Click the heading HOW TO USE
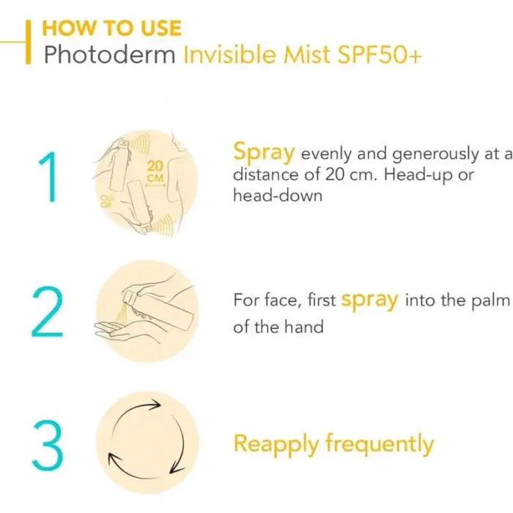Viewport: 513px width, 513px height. [x=111, y=28]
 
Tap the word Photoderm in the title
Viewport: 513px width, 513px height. [x=110, y=54]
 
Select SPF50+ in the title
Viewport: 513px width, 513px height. [x=379, y=54]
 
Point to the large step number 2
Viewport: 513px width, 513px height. [x=47, y=311]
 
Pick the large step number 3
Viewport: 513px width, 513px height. [x=48, y=446]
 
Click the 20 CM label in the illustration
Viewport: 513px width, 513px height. [x=155, y=171]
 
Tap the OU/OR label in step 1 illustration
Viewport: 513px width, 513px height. [x=106, y=202]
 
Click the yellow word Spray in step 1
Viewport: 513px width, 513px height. [x=264, y=153]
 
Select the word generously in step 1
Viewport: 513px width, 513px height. [x=435, y=155]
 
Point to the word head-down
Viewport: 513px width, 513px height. [x=278, y=196]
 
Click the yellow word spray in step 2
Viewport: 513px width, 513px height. [x=369, y=301]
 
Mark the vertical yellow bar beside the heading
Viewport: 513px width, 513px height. [x=29, y=42]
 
